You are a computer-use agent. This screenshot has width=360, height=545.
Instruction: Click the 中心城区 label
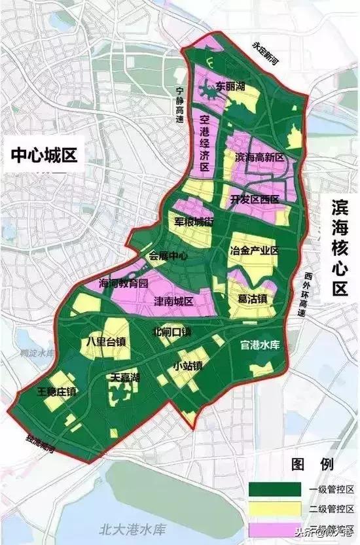(44, 156)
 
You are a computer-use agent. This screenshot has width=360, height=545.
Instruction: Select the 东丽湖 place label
(231, 86)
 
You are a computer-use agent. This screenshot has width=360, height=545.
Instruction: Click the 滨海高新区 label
(258, 158)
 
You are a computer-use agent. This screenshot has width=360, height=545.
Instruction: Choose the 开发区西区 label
(255, 199)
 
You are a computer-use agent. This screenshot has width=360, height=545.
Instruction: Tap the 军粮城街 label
(195, 222)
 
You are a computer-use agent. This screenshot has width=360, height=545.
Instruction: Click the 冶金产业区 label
(255, 251)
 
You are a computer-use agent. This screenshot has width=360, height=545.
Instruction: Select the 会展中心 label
(169, 256)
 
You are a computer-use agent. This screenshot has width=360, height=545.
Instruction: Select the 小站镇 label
(187, 365)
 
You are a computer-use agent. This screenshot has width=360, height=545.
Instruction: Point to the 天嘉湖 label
(125, 378)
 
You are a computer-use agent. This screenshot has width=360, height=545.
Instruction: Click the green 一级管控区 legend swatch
(268, 488)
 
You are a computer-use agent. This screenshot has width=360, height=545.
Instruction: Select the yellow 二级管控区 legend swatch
(268, 508)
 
